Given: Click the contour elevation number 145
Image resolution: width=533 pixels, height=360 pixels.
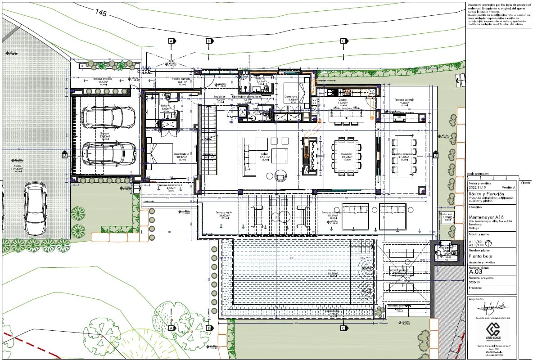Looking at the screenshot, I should (x=100, y=13).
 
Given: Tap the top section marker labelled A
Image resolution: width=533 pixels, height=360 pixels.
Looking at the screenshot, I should (x=171, y=41).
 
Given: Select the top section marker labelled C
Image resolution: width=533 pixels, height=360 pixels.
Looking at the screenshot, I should (x=343, y=41).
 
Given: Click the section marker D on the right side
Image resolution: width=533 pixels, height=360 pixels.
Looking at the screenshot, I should (x=435, y=155).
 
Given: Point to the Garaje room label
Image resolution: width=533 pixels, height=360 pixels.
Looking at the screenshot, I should (x=105, y=134).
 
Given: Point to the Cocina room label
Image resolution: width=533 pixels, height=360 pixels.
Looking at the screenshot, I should (x=343, y=100).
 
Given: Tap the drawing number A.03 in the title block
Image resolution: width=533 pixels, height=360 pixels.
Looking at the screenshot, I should (x=476, y=272).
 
